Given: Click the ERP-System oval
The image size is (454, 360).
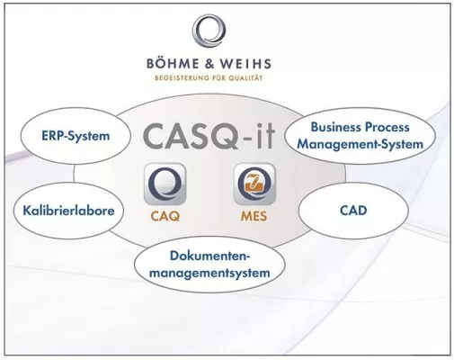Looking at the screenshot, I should pyautogui.click(x=75, y=137).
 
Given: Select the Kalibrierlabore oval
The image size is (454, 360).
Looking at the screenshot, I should pyautogui.click(x=63, y=211).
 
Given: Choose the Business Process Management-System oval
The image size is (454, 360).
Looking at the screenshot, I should pyautogui.click(x=361, y=137).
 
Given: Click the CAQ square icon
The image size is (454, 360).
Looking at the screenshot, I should pyautogui.click(x=165, y=184).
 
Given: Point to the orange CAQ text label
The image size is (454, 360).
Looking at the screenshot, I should pyautogui.click(x=165, y=217).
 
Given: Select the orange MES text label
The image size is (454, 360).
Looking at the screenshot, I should pyautogui.click(x=256, y=217).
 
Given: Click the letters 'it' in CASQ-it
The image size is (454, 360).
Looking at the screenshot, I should pyautogui.click(x=263, y=138).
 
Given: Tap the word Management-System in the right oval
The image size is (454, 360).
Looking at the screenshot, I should pyautogui.click(x=361, y=145).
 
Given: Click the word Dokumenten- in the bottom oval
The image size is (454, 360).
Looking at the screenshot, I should pyautogui.click(x=209, y=255).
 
